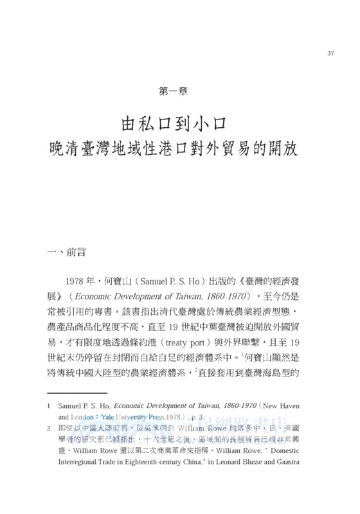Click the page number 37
330,53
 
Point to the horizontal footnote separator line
76,392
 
